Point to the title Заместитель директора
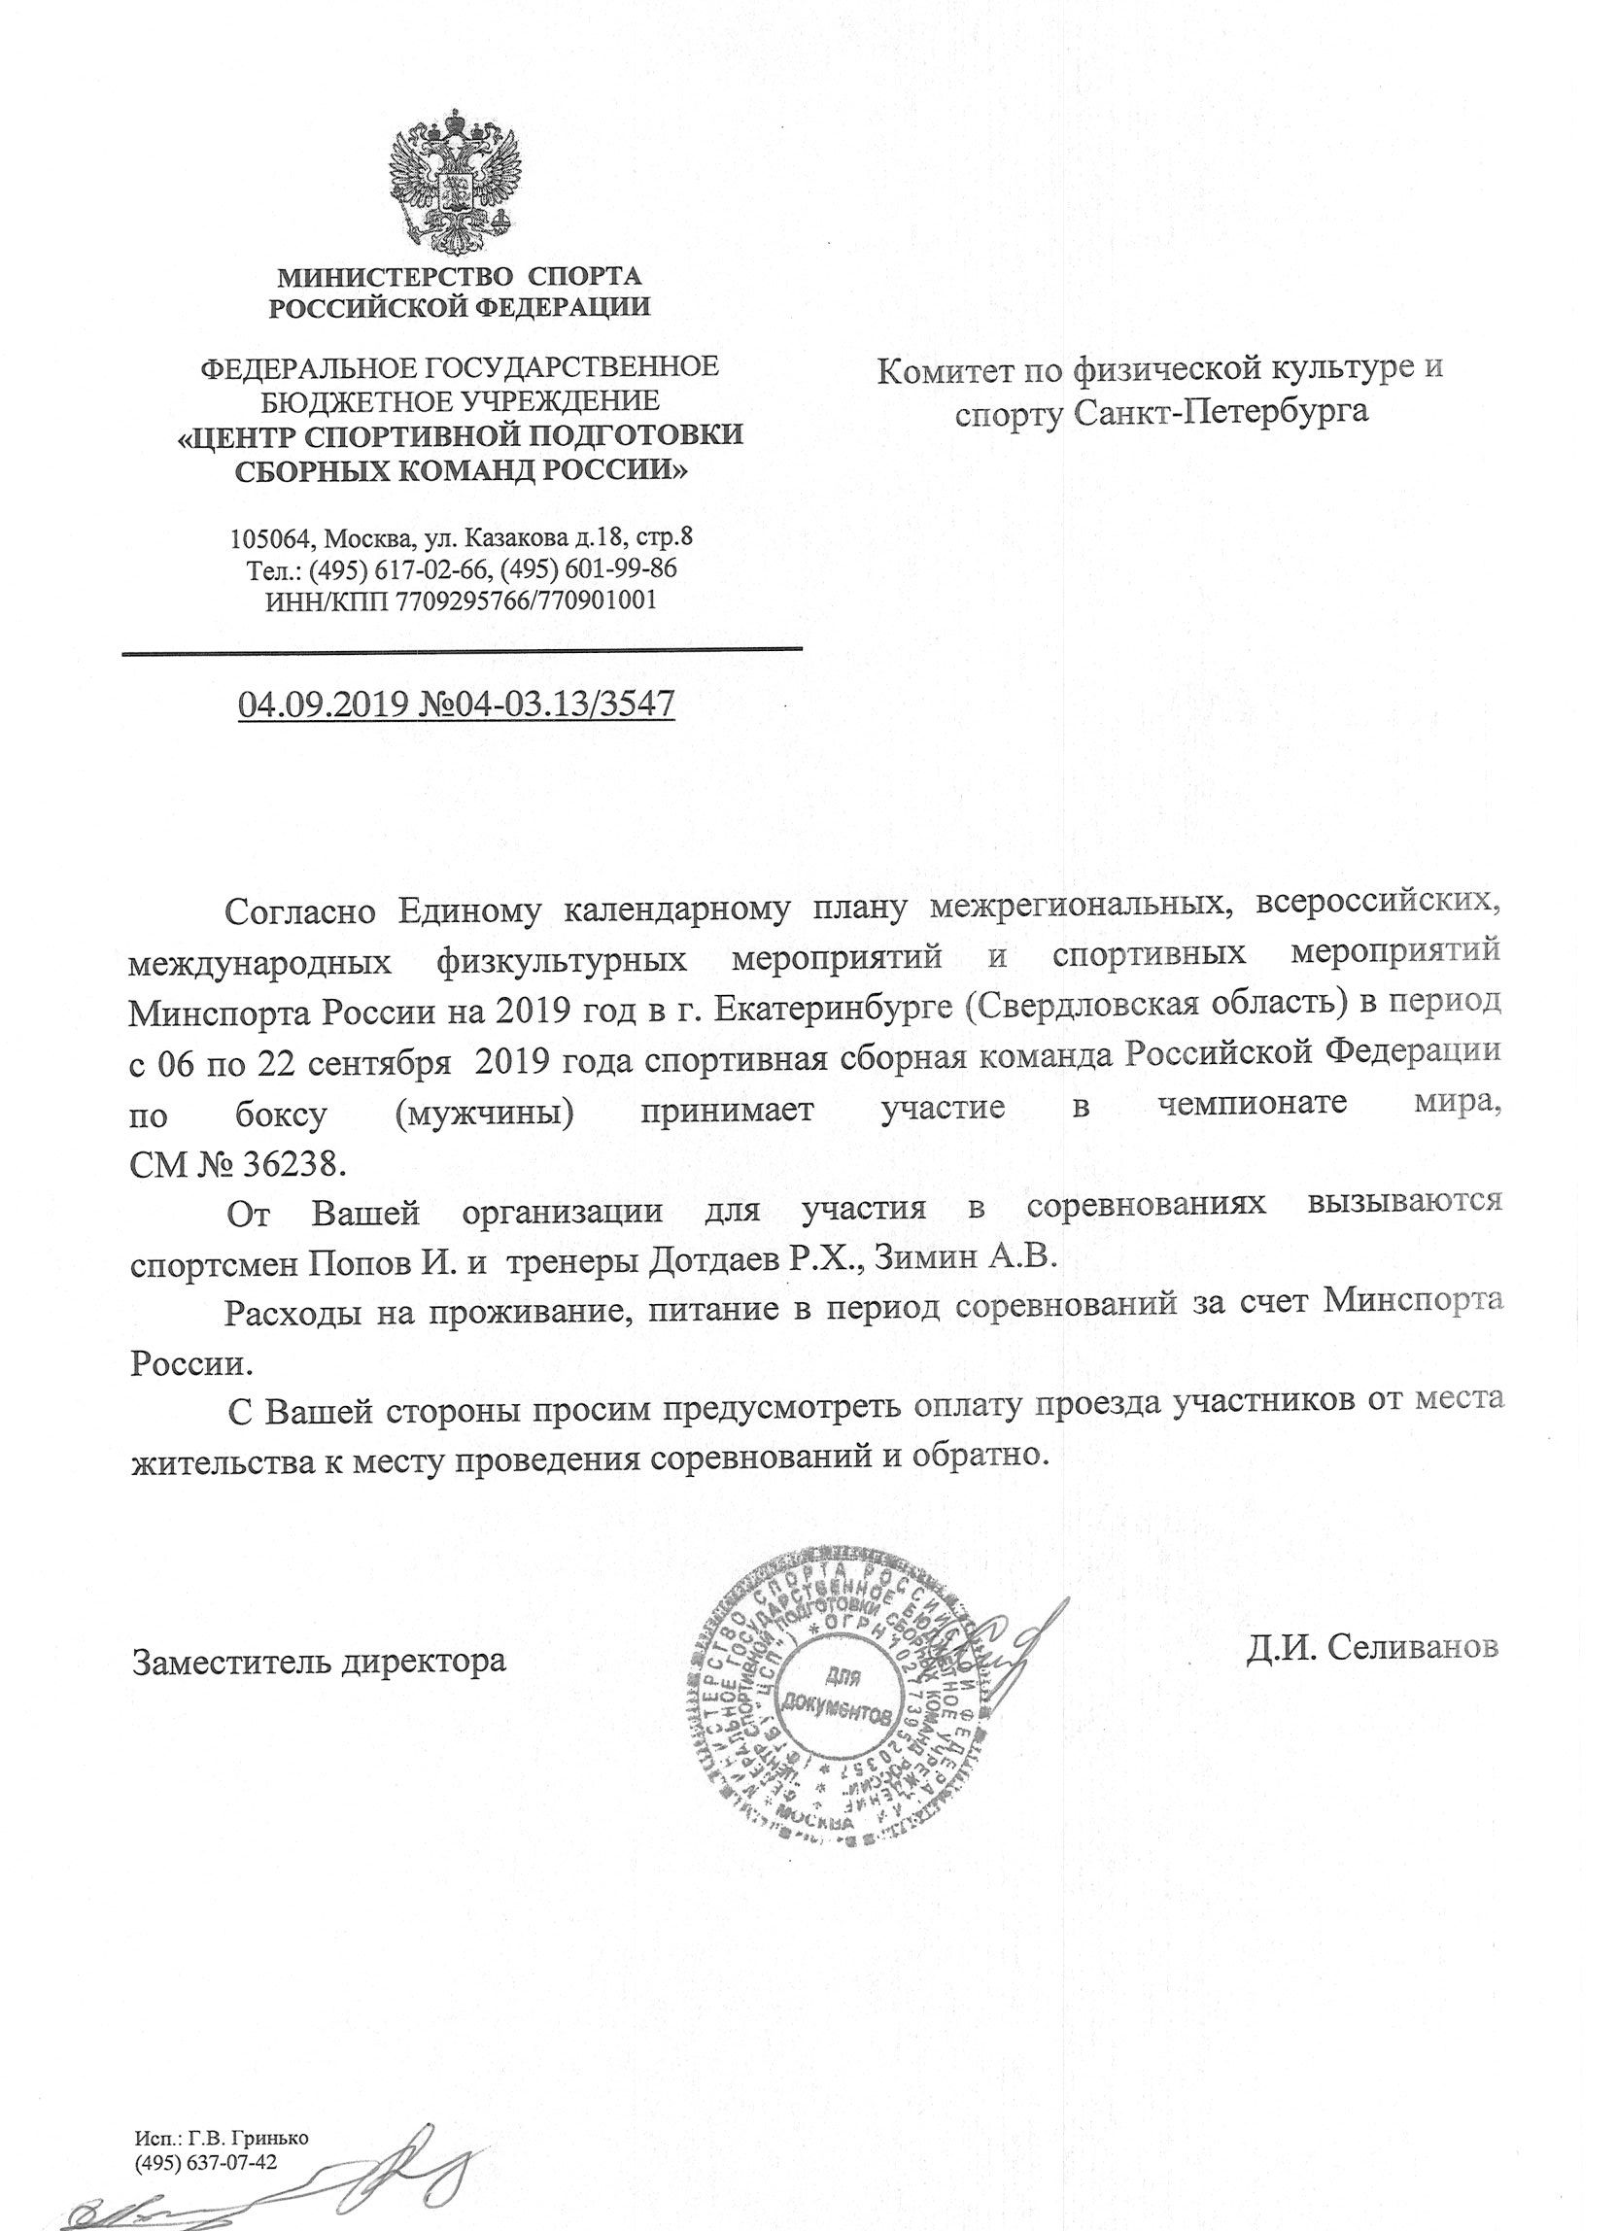[x=320, y=1663]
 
